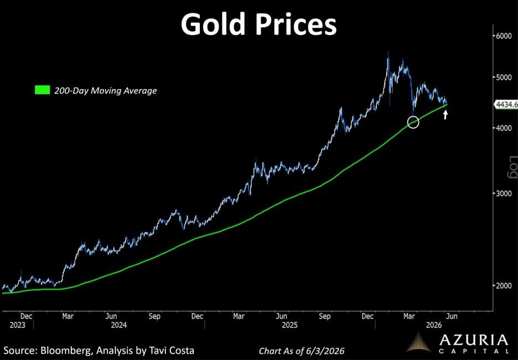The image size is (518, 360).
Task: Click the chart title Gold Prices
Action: coord(258,24)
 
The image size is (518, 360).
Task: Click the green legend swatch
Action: coord(42,90)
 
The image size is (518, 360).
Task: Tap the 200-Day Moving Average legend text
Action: coord(105,90)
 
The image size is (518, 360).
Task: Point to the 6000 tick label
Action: coord(505,36)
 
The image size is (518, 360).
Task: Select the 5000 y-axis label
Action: coord(505,77)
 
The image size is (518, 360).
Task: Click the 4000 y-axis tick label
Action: coord(505,128)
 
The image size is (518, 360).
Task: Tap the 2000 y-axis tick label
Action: coord(505,285)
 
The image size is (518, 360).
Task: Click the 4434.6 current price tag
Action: coord(506,105)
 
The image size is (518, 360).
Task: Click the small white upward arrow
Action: coord(446,114)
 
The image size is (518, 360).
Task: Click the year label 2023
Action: coord(17,325)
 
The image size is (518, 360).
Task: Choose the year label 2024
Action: coord(118,325)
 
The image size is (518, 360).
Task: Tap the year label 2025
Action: coord(290,325)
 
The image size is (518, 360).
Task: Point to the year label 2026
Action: coord(434,325)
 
